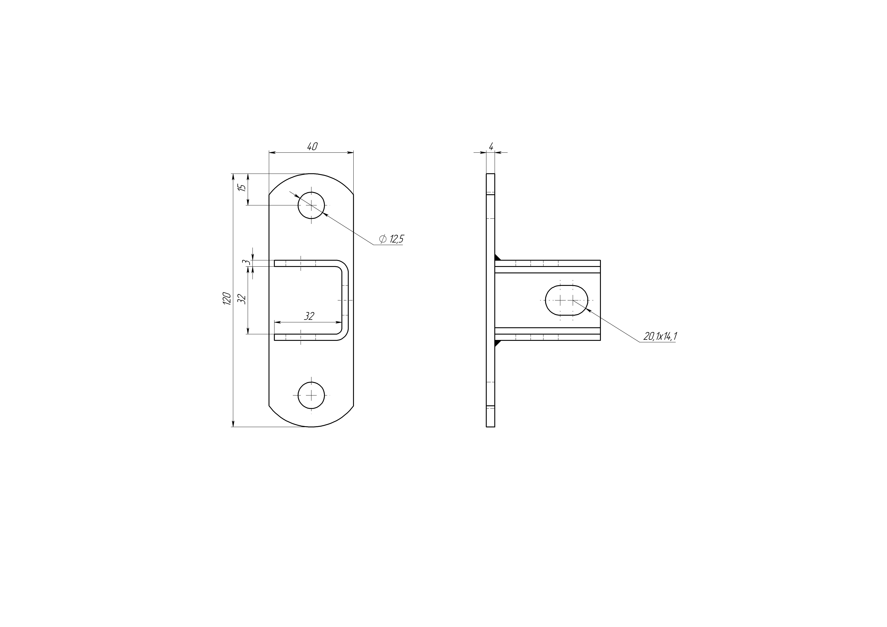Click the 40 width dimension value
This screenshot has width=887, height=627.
(312, 147)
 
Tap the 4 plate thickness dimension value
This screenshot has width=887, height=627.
(491, 147)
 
